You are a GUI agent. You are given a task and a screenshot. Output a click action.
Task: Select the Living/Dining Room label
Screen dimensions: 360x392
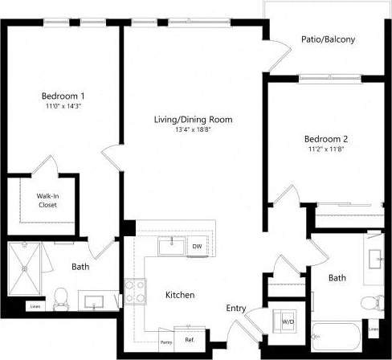click(194, 120)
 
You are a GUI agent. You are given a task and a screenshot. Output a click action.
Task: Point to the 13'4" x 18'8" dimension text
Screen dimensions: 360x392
click(194, 130)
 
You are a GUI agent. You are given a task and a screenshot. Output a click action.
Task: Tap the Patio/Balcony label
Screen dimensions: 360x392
click(328, 39)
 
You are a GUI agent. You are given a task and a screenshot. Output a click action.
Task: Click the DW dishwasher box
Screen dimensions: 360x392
click(196, 247)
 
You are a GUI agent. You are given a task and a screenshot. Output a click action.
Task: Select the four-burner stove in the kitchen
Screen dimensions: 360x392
click(135, 288)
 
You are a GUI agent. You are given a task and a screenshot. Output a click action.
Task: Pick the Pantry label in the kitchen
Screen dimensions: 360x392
click(167, 342)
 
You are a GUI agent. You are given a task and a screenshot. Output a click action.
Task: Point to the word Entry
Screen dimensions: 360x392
click(236, 308)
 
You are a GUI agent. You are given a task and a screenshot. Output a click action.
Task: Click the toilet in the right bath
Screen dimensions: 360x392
click(370, 303)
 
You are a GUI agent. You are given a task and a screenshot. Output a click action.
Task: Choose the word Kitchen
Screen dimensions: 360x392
click(180, 296)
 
